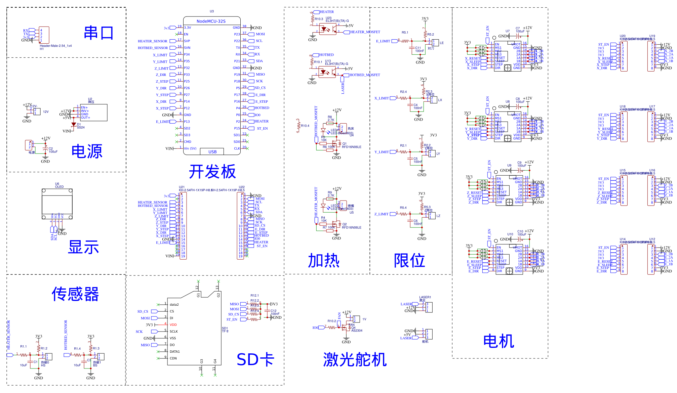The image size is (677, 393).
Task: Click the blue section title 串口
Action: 98,33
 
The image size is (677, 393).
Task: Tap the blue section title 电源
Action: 87,151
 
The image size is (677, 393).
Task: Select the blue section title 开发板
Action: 212,172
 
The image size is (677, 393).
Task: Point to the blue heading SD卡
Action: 255,360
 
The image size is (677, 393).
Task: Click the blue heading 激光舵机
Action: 355,360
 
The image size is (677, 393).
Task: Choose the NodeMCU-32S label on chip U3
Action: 211,21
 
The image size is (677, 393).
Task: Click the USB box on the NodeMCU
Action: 212,152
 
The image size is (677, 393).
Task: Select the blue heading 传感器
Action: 75,294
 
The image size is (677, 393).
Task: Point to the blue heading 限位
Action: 409,261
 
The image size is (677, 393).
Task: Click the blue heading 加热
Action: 324,261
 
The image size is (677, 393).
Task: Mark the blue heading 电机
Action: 499,341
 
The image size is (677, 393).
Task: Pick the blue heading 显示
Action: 83,247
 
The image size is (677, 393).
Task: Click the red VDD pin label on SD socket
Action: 173,325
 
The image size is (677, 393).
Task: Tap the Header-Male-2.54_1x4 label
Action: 56,46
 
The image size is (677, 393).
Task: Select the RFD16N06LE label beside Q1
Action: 352,147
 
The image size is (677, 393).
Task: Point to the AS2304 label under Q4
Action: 357,331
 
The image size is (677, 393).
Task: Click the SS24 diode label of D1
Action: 81,128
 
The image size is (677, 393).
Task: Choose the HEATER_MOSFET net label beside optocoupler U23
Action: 365,32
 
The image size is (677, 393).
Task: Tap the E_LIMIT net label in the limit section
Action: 383,41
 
